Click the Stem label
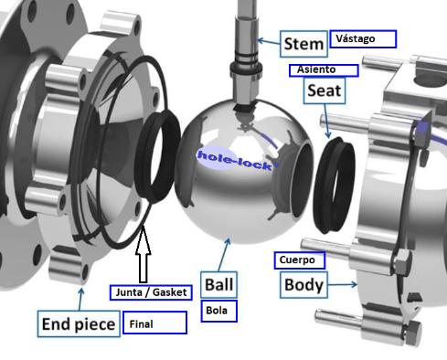point(303,44)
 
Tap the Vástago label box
point(363,38)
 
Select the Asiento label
point(324,70)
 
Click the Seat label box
point(325,90)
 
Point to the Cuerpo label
point(299,260)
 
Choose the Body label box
point(303,285)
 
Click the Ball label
point(218,284)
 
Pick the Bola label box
point(218,311)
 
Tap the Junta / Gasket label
point(151,292)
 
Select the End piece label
point(79,323)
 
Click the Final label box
point(154,323)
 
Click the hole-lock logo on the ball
point(235,160)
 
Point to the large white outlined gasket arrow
point(143,254)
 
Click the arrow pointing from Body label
point(343,284)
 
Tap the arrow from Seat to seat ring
point(326,121)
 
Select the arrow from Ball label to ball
point(224,255)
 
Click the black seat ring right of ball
point(335,185)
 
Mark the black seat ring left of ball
point(158,156)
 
